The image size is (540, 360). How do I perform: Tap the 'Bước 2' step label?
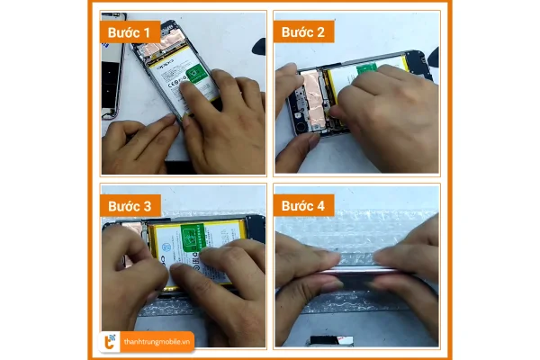(x=303, y=33)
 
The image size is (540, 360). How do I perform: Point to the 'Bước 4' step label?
(x=303, y=205)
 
